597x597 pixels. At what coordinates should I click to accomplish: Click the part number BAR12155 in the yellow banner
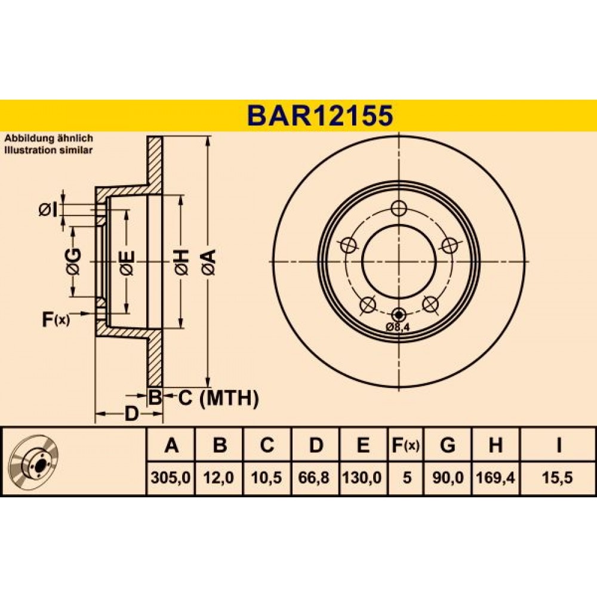[320, 115]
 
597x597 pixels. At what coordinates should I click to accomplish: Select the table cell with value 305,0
[171, 477]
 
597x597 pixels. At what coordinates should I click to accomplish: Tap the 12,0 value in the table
[219, 477]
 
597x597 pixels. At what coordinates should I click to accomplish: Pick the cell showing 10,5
[266, 477]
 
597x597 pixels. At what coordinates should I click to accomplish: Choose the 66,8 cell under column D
[315, 477]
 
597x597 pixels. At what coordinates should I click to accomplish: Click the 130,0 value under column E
[363, 477]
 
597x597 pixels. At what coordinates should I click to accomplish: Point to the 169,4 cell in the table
[496, 477]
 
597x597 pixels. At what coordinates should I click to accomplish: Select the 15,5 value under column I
[558, 477]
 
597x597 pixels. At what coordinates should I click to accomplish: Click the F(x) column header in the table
[405, 445]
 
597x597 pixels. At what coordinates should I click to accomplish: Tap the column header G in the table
[447, 445]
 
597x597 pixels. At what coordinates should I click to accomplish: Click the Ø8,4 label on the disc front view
[397, 327]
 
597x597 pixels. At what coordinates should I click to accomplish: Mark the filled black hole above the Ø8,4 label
[398, 315]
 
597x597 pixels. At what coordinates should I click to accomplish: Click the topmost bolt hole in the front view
[399, 208]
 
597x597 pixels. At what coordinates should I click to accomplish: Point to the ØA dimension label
[209, 262]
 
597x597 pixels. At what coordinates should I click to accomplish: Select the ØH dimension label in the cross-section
[181, 262]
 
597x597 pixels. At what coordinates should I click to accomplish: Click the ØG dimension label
[73, 261]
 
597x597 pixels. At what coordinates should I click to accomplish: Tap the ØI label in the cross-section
[47, 209]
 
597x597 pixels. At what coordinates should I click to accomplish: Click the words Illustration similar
[48, 150]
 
